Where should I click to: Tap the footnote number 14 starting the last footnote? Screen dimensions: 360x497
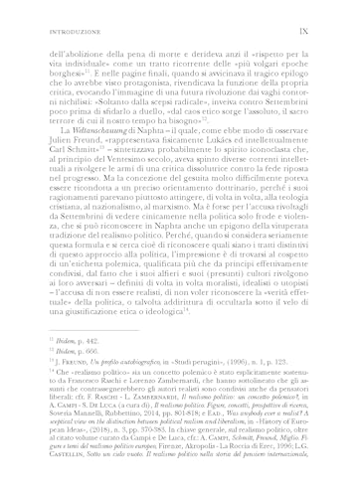pos(47,378)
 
